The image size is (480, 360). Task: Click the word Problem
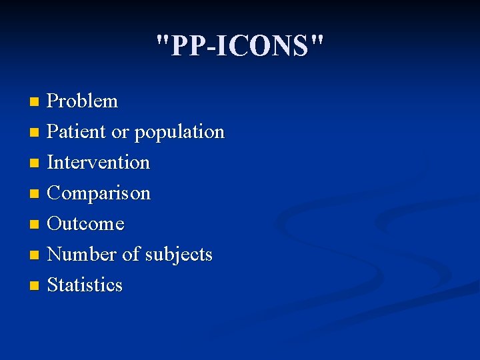tap(83, 101)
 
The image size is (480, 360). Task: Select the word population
tap(179, 133)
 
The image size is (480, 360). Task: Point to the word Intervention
tap(99, 163)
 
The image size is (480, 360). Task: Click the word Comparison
tap(99, 193)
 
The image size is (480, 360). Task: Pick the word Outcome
tap(86, 224)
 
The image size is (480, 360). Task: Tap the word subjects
tap(178, 255)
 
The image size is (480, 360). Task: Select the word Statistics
tap(85, 285)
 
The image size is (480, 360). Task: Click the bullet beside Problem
tap(35, 102)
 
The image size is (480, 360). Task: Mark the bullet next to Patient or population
tap(35, 133)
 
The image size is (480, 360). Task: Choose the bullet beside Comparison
tap(35, 194)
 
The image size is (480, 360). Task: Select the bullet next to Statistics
tap(35, 286)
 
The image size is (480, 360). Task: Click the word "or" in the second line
tap(120, 133)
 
